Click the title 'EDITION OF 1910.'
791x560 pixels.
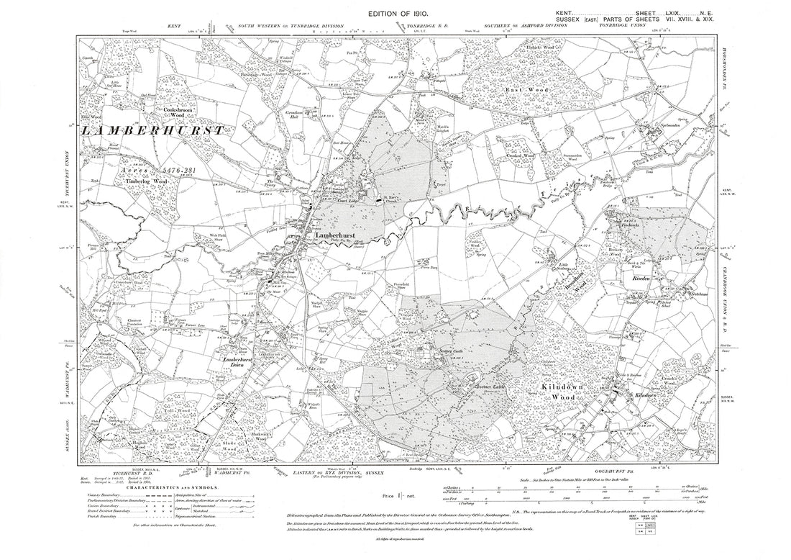399,14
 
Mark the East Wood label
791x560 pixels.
523,90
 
